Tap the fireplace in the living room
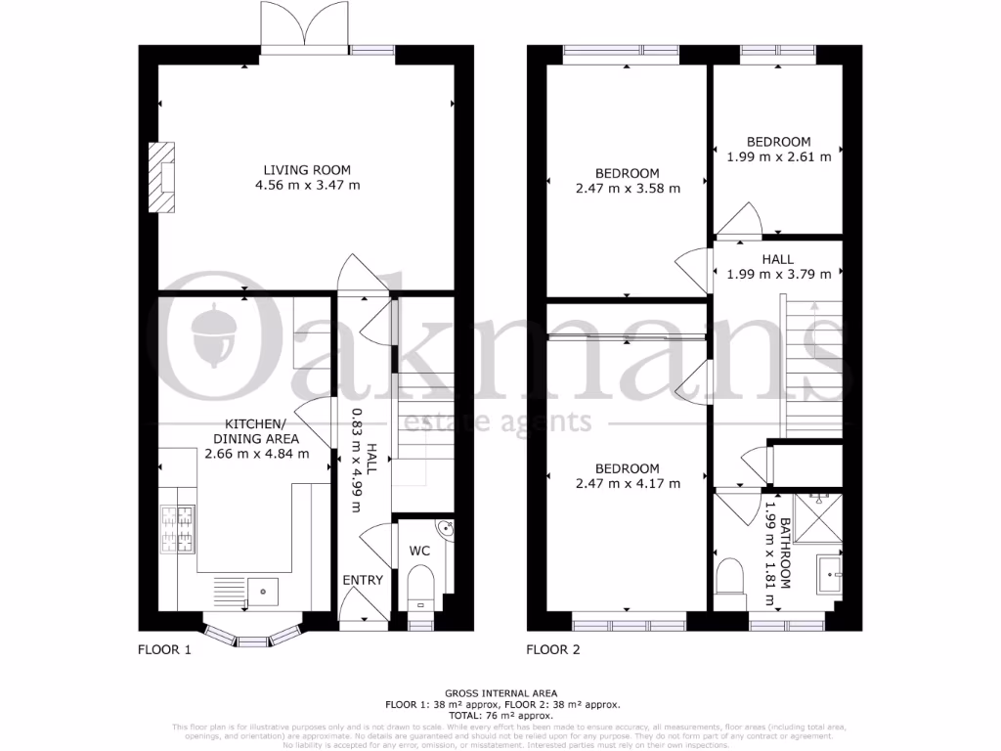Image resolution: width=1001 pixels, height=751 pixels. [162, 177]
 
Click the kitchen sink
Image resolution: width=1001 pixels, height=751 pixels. [262, 591]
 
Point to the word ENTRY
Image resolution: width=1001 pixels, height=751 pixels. [363, 581]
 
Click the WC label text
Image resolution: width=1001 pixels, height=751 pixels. [419, 551]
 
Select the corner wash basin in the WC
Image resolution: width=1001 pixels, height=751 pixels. [444, 529]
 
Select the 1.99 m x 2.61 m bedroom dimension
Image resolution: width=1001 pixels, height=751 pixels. [779, 155]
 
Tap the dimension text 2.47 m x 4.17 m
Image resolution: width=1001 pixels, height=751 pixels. [628, 483]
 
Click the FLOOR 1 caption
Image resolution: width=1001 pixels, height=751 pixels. [165, 648]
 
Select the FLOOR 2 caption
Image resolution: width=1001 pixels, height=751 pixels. [554, 648]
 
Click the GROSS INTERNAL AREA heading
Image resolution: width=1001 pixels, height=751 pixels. [500, 692]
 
